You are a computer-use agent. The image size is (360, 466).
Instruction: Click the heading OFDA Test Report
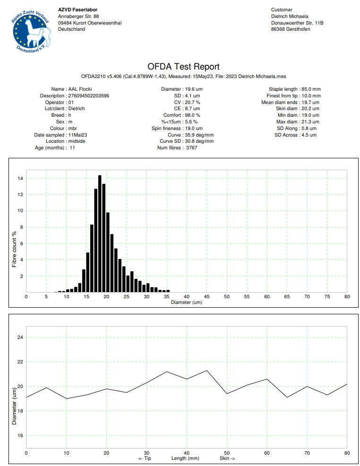(184, 67)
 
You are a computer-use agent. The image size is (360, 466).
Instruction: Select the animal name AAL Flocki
(80, 89)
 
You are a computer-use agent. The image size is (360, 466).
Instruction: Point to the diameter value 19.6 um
(194, 89)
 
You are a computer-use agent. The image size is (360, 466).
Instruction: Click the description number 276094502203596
(88, 95)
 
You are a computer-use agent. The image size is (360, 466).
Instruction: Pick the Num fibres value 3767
(192, 148)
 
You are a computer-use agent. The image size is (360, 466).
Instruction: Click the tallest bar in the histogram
(100, 233)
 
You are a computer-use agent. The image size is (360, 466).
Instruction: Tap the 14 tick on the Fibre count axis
(20, 178)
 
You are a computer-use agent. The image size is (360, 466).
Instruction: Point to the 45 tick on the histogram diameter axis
(207, 297)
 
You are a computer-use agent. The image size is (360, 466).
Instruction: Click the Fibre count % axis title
(14, 249)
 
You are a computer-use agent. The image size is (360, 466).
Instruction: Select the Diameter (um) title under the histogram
(187, 302)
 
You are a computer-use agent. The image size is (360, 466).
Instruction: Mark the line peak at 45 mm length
(207, 371)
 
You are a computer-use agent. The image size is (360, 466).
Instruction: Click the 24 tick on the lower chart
(20, 337)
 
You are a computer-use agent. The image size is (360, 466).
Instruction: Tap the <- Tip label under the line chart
(145, 458)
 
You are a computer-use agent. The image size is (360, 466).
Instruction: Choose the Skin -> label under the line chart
(227, 458)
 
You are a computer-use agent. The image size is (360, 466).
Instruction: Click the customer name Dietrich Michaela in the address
(290, 17)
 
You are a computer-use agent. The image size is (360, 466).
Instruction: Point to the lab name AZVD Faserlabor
(78, 10)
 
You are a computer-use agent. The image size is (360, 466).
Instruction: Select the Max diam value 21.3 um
(310, 121)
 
